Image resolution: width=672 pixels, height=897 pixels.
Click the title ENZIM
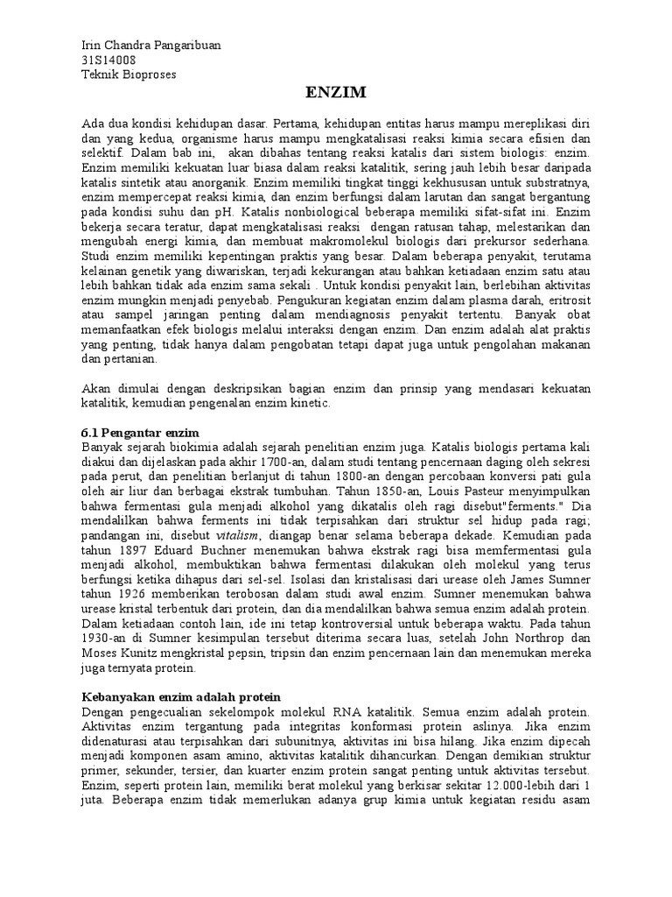pos(335,92)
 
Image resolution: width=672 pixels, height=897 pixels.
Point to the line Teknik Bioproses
pos(128,74)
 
